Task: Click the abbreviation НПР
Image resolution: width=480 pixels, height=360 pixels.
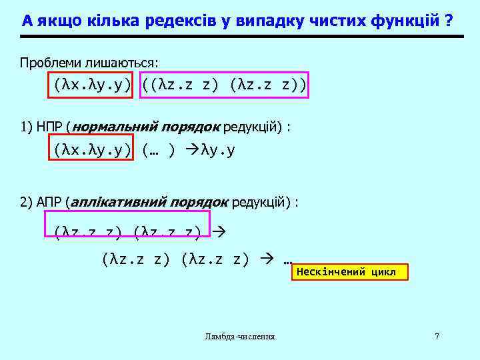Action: coord(49,126)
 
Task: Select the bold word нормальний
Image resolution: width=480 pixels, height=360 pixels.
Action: coord(114,126)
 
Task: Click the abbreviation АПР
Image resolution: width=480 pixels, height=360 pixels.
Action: coord(49,202)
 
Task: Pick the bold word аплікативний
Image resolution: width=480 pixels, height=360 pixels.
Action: coord(119,202)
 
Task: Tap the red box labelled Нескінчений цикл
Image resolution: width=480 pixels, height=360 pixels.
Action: coord(349,272)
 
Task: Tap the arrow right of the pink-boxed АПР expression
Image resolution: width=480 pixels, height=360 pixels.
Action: coord(219,231)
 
